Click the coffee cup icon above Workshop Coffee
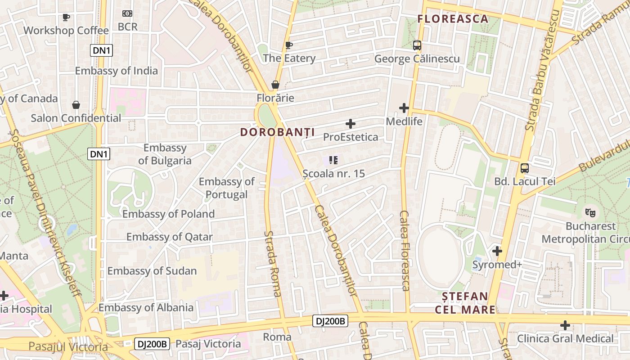pos(66,18)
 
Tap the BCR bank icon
pos(127,14)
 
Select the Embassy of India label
pos(116,71)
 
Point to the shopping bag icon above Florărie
pos(275,85)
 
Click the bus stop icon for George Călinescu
pos(417,45)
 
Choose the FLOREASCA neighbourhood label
pos(453,19)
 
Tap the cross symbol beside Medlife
pos(404,108)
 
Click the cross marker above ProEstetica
pos(351,124)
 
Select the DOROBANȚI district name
pos(277,132)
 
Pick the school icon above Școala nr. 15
pos(333,160)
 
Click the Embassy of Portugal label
pos(227,188)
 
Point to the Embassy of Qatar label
pos(170,237)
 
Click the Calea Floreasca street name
pos(405,250)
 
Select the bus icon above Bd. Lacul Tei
pos(525,169)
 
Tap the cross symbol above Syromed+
pos(497,251)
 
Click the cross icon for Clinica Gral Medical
pos(565,325)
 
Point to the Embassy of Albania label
pos(146,308)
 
